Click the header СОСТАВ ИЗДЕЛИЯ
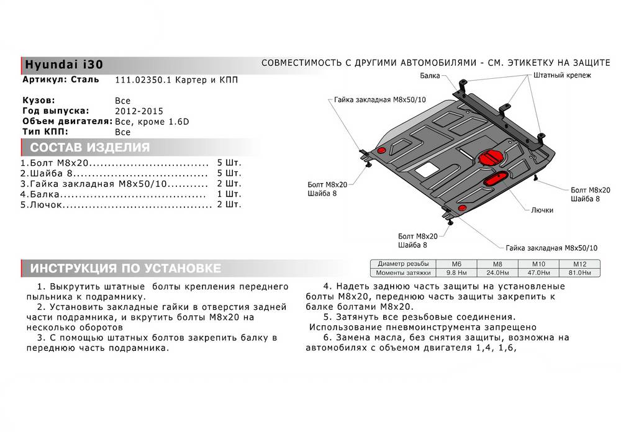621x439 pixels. point(89,148)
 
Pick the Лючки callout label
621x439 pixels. point(542,210)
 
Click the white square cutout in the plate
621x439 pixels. point(426,166)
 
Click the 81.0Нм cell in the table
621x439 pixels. point(582,273)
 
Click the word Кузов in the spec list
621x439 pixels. point(39,100)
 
